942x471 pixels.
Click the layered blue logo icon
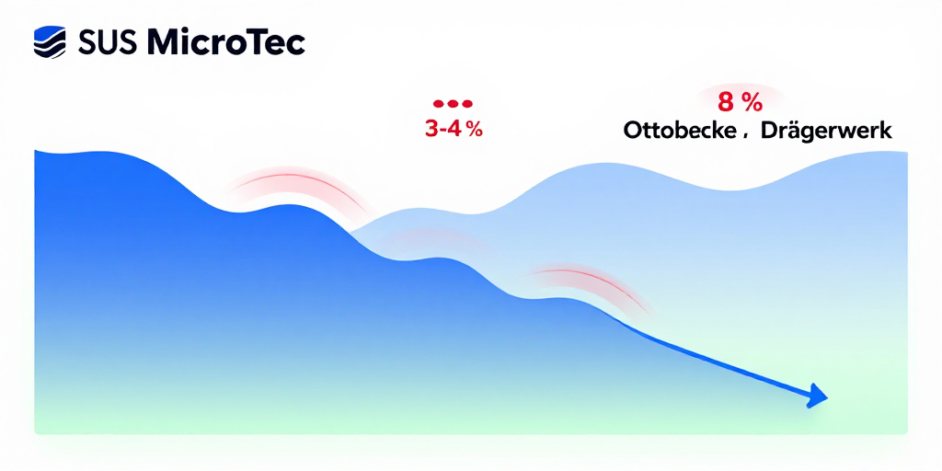click(x=50, y=41)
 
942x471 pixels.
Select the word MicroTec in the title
click(x=225, y=41)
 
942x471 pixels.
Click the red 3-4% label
click(x=454, y=129)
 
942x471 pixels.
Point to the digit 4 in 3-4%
click(x=457, y=129)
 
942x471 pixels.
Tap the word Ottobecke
click(x=679, y=131)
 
